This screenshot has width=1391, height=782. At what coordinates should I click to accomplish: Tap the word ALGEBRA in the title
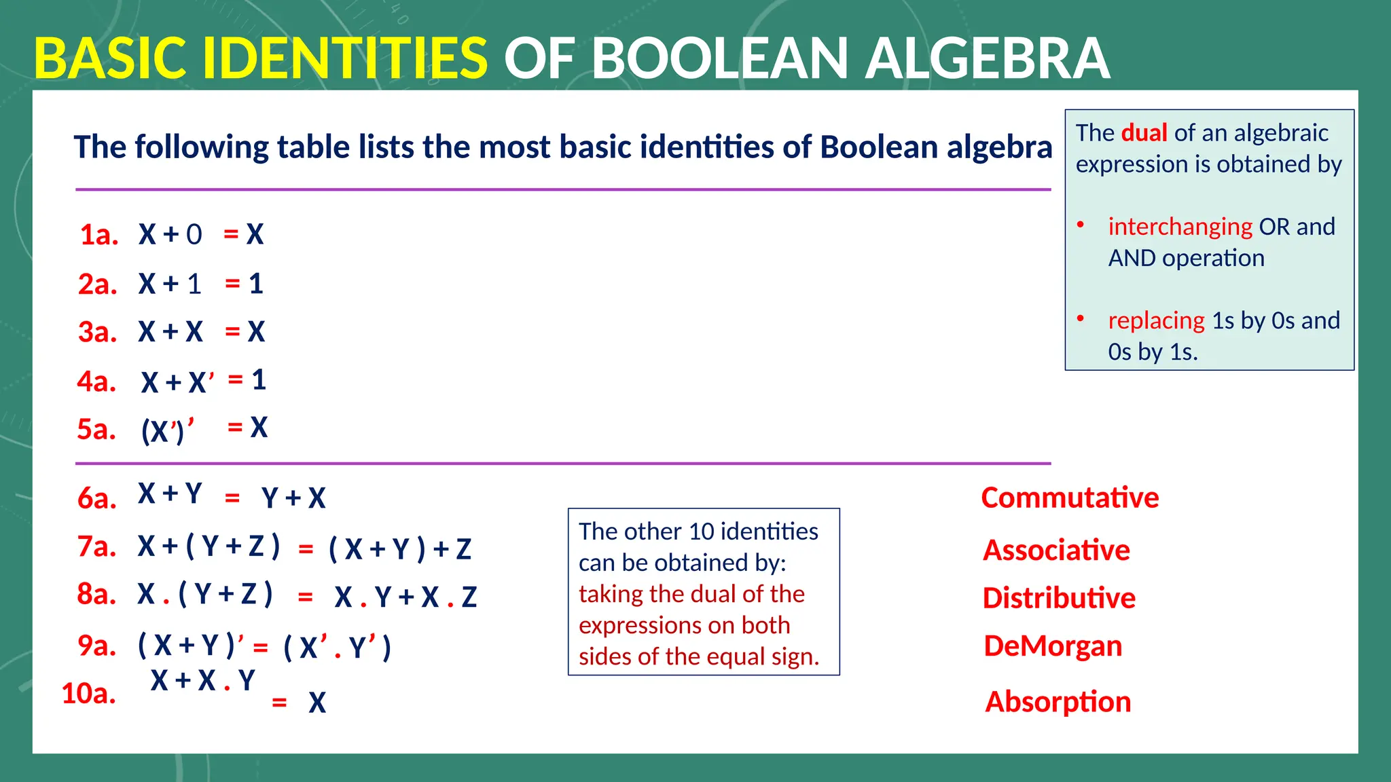click(x=988, y=59)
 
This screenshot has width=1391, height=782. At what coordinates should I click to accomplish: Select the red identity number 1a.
click(x=99, y=235)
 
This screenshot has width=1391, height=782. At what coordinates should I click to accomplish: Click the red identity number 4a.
click(x=96, y=381)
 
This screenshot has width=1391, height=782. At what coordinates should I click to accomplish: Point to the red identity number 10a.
click(x=88, y=694)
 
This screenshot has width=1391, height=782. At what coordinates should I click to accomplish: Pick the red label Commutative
click(x=1070, y=498)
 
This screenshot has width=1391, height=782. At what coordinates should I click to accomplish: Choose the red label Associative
click(x=1056, y=550)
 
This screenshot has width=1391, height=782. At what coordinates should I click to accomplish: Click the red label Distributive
click(x=1059, y=598)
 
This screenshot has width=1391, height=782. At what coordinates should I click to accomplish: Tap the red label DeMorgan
click(x=1053, y=646)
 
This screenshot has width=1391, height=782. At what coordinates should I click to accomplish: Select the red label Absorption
click(x=1058, y=702)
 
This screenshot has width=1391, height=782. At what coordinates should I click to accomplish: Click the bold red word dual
click(x=1144, y=133)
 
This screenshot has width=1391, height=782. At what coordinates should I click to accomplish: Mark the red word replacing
click(x=1156, y=320)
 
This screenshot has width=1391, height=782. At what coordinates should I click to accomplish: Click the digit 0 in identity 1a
click(x=194, y=235)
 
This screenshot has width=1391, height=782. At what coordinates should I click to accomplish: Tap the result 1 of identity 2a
click(x=256, y=284)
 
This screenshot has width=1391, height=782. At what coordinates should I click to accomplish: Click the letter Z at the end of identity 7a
click(x=463, y=549)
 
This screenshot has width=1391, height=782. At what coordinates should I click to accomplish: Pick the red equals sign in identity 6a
click(x=232, y=498)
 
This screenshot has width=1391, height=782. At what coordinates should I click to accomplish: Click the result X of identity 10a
click(x=317, y=703)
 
